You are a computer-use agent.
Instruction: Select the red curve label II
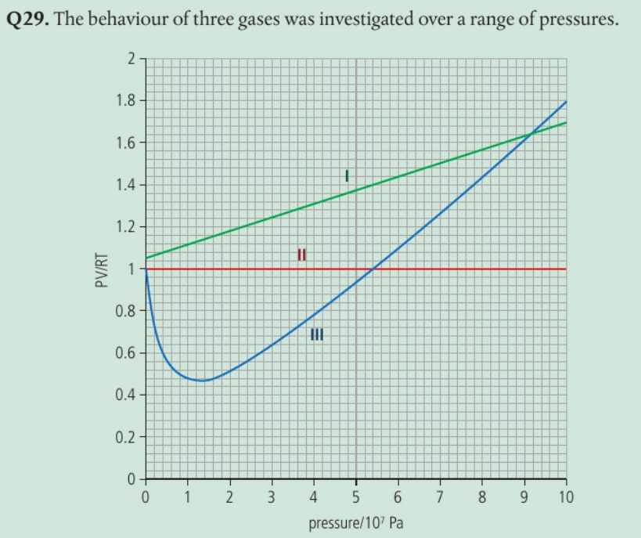pyautogui.click(x=301, y=254)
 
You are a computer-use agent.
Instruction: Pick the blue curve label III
pyautogui.click(x=317, y=335)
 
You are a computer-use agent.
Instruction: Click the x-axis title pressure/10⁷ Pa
pyautogui.click(x=356, y=522)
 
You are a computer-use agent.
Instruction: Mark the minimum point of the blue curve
pyautogui.click(x=203, y=381)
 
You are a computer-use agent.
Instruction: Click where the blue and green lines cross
pyautogui.click(x=531, y=134)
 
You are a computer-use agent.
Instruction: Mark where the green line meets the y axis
pyautogui.click(x=146, y=258)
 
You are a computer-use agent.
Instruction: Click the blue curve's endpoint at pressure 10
pyautogui.click(x=566, y=102)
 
